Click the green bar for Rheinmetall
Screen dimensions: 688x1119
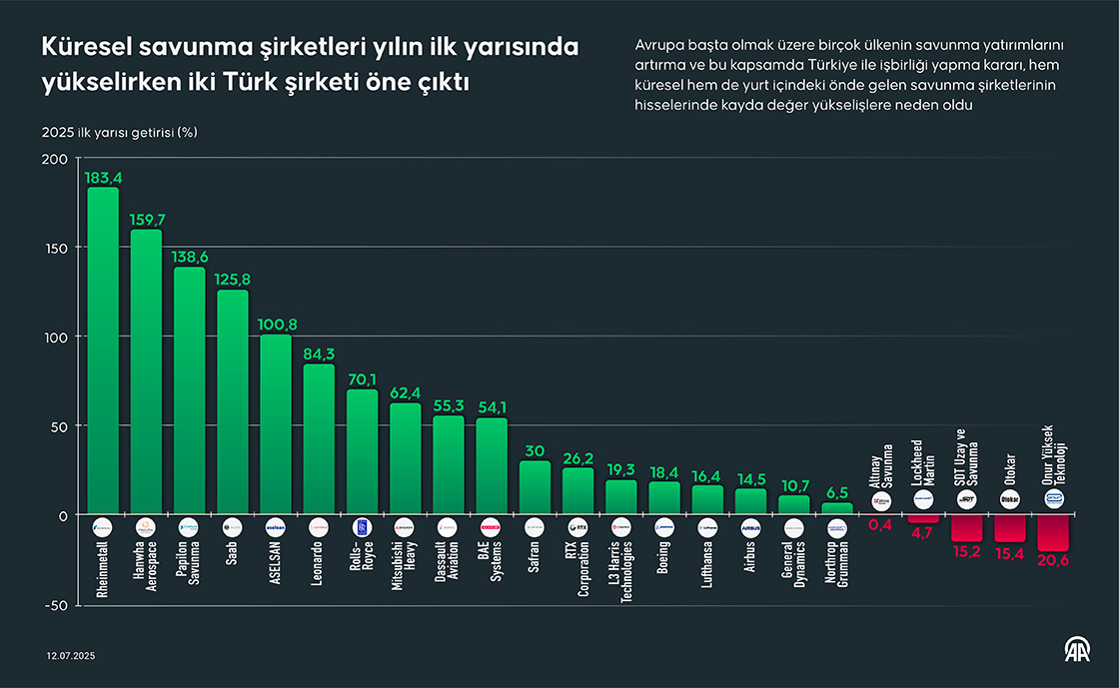coord(103,349)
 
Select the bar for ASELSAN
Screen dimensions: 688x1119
coord(276,424)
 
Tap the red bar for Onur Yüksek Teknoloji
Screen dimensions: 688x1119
coord(1053,532)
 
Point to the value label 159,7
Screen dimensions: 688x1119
coord(146,219)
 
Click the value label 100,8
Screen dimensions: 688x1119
coord(276,325)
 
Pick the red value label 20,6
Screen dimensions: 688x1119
coord(1053,562)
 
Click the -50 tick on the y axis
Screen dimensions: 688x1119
coord(55,605)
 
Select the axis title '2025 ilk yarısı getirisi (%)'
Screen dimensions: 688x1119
coord(119,133)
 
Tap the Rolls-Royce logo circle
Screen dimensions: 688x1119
coord(363,525)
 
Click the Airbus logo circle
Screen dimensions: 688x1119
coord(751,525)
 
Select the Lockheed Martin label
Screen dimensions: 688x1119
coord(924,462)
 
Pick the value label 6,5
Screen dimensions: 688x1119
coord(837,492)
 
